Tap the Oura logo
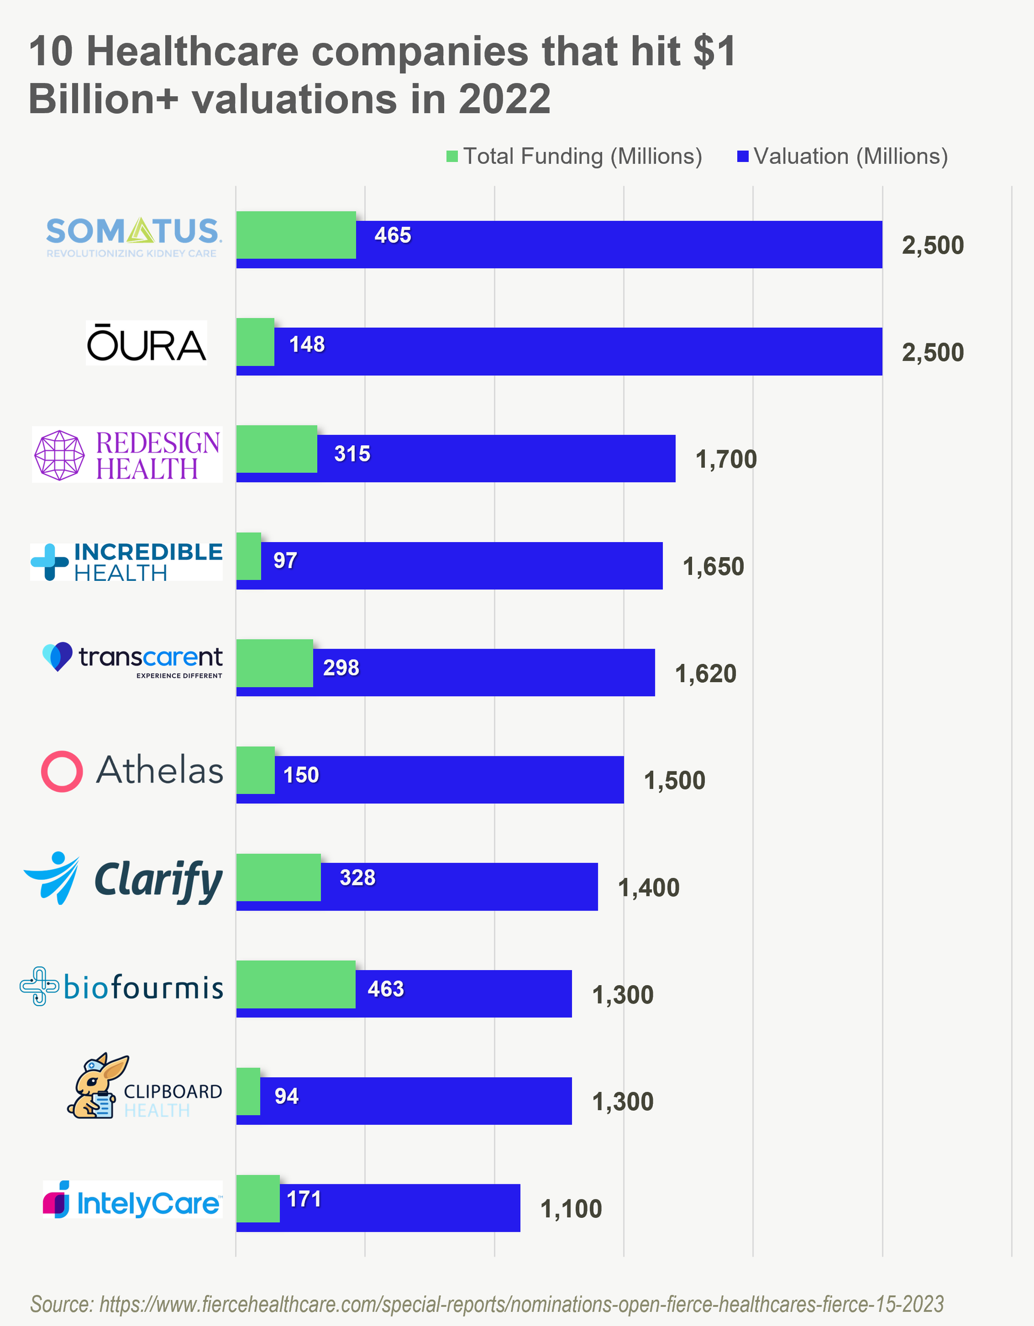tap(146, 343)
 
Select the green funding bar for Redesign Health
tap(276, 450)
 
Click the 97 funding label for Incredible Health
tap(285, 560)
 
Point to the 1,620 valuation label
tap(705, 673)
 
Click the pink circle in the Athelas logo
tap(62, 771)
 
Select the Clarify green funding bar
tap(278, 878)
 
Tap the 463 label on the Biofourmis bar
tap(386, 989)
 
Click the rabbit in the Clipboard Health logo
tap(95, 1087)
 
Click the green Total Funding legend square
tap(452, 157)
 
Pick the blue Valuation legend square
tap(742, 157)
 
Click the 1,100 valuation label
tap(571, 1209)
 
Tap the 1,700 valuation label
tap(726, 460)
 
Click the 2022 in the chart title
tap(504, 99)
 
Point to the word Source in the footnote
tap(61, 1303)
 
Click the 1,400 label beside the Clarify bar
tap(648, 888)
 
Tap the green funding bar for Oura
tap(255, 342)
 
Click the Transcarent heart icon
tap(58, 656)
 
